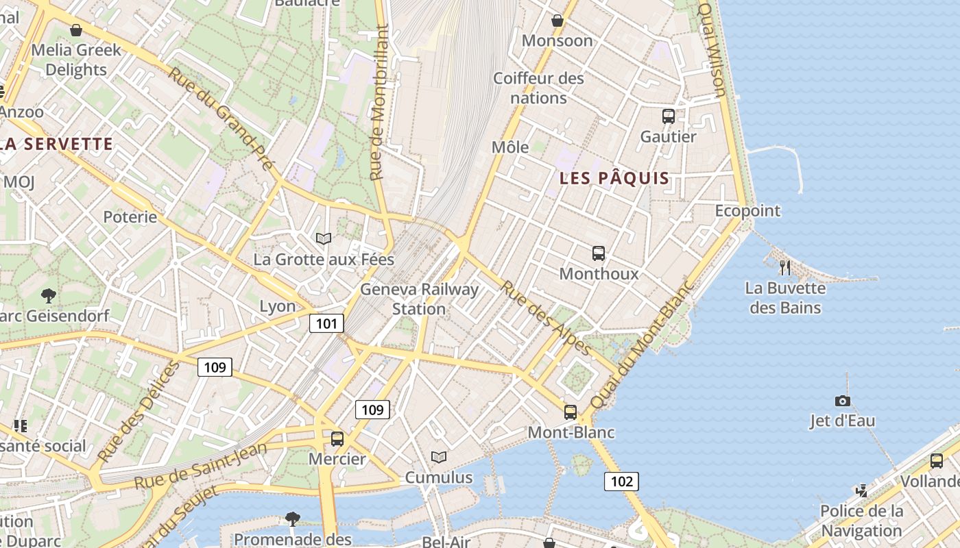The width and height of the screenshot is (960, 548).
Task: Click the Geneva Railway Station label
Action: pos(419,299)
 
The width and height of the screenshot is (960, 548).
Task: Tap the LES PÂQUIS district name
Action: pos(614,179)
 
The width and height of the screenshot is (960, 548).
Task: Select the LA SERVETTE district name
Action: pos(56,144)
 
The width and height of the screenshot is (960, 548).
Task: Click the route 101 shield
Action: pos(326,323)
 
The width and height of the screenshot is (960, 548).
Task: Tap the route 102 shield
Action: pos(621,481)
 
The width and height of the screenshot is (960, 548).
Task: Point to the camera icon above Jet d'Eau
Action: pos(842,401)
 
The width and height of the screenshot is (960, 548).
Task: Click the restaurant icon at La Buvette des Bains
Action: pos(785,267)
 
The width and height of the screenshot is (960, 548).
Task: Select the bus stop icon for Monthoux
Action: pos(599,253)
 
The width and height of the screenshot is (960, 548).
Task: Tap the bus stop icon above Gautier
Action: pos(669,116)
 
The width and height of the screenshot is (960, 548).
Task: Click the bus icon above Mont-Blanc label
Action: pos(571,412)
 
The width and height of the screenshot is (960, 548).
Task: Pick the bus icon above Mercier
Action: pos(337,438)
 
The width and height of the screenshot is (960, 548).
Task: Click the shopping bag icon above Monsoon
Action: pos(557,21)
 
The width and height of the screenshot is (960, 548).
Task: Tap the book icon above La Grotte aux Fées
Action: pos(324,238)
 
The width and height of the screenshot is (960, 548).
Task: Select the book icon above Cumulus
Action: pos(439,456)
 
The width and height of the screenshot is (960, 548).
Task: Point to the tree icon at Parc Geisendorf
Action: pos(48,295)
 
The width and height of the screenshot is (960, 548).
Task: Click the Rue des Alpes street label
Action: pos(546,319)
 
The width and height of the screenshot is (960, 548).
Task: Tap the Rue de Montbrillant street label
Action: pos(379,103)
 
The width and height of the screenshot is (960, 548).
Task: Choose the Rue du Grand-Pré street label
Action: pos(221,119)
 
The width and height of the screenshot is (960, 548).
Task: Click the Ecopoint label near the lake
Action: pos(747,210)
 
